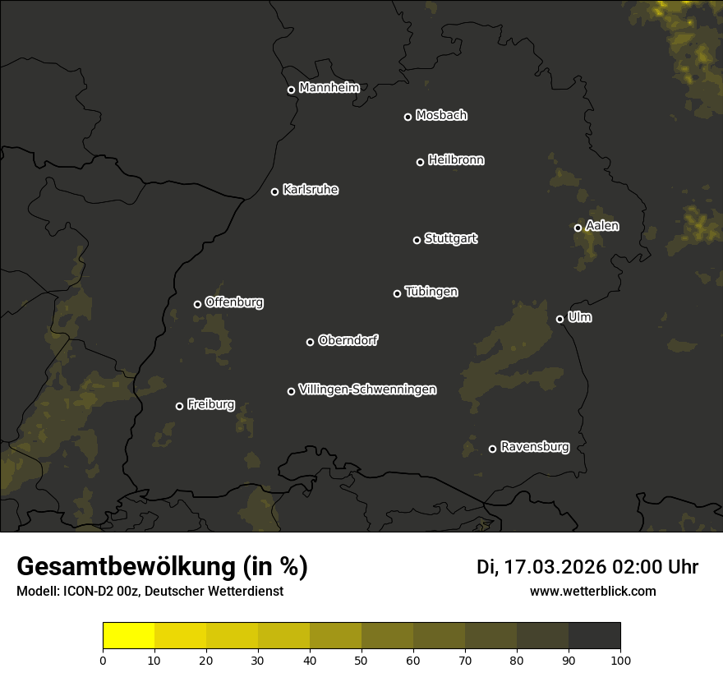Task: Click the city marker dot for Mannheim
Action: pyautogui.click(x=291, y=90)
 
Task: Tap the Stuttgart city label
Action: pyautogui.click(x=450, y=239)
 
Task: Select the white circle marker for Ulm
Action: pyautogui.click(x=560, y=319)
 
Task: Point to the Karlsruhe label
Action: pyautogui.click(x=310, y=191)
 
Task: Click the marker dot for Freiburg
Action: pyautogui.click(x=179, y=406)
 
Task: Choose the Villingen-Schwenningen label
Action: pyautogui.click(x=367, y=389)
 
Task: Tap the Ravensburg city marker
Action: pyautogui.click(x=492, y=449)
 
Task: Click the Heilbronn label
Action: pyautogui.click(x=456, y=160)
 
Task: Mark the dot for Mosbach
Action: pyautogui.click(x=407, y=117)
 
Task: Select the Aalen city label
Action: pyautogui.click(x=601, y=226)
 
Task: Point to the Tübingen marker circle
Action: pyautogui.click(x=397, y=293)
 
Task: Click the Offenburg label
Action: pyautogui.click(x=234, y=302)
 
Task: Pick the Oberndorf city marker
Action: pyautogui.click(x=310, y=342)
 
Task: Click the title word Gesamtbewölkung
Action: pyautogui.click(x=127, y=567)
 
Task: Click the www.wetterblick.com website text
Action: pyautogui.click(x=592, y=591)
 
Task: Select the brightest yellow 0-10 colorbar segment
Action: pyautogui.click(x=128, y=636)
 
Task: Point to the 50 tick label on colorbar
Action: pyautogui.click(x=361, y=660)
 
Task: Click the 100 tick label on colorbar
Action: pyautogui.click(x=620, y=660)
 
